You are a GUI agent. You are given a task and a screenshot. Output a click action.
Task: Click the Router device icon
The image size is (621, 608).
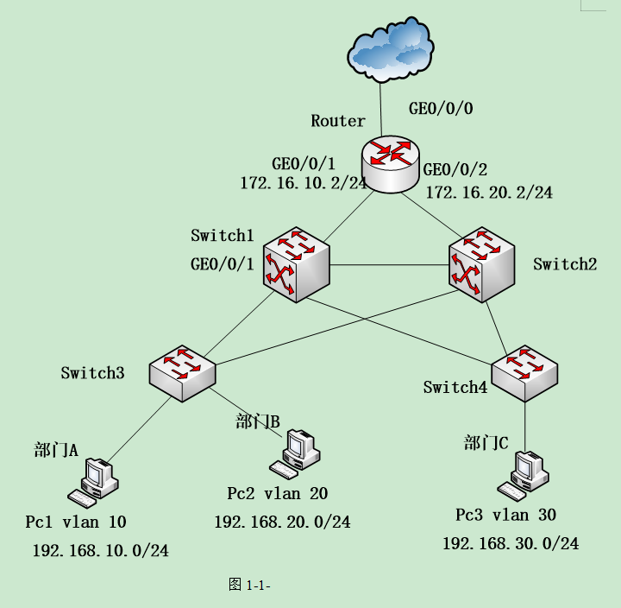click(x=391, y=163)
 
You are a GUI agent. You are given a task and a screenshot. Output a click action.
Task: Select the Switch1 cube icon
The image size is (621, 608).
click(x=298, y=264)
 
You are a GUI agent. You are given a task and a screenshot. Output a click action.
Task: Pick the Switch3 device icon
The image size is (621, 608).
click(x=183, y=372)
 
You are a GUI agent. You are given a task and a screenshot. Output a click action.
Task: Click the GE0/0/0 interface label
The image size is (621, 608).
click(x=441, y=109)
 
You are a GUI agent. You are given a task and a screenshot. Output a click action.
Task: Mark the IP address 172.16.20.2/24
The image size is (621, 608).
click(x=489, y=192)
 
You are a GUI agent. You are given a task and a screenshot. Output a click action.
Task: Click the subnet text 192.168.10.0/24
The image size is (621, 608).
click(x=100, y=550)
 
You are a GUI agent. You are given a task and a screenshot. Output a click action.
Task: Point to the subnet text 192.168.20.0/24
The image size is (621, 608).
click(x=282, y=522)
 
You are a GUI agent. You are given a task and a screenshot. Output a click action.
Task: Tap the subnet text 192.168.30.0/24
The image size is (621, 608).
click(x=511, y=543)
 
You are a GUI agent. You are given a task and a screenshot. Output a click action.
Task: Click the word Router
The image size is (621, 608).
click(x=338, y=121)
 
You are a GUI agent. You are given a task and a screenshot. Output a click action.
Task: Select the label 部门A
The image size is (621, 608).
click(x=56, y=450)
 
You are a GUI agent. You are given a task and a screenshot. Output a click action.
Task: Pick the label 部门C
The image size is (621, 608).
click(x=486, y=443)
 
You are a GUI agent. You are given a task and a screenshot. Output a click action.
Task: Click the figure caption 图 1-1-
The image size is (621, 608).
click(x=250, y=585)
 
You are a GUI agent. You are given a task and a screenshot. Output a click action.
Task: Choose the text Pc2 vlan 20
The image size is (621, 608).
click(x=278, y=493)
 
